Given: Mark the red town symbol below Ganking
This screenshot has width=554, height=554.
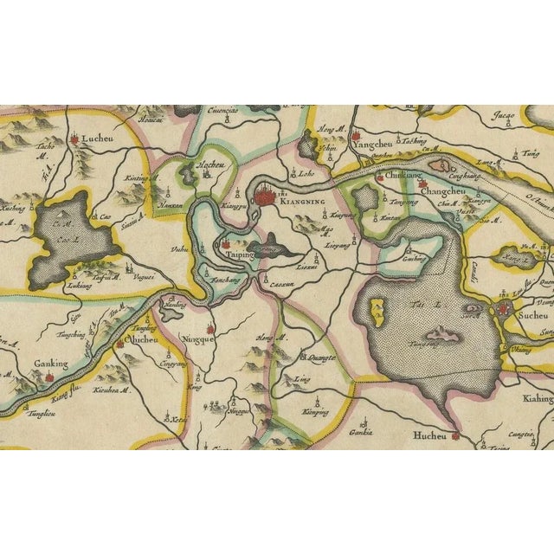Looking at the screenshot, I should (50, 377).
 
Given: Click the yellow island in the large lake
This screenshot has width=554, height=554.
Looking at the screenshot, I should (377, 307).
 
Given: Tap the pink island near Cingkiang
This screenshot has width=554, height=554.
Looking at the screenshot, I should (445, 164).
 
